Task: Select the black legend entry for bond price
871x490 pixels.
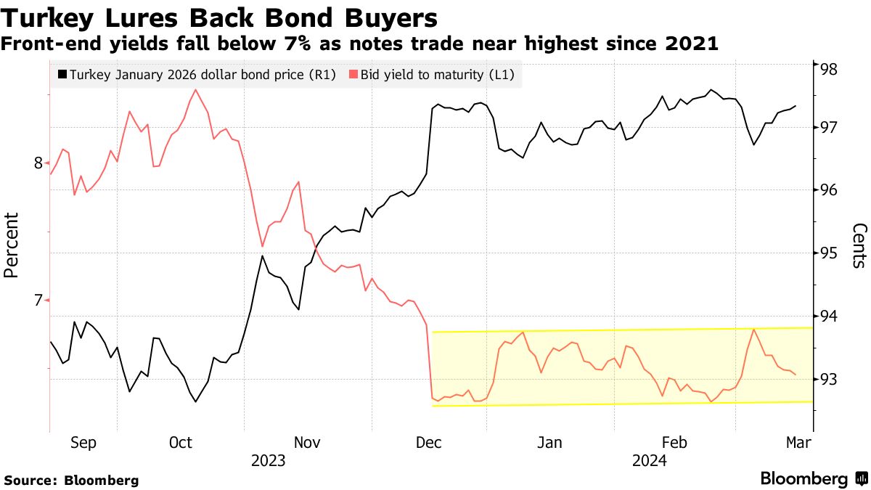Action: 195,75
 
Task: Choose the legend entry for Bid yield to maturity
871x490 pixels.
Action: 435,75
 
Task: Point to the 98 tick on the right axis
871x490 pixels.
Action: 829,70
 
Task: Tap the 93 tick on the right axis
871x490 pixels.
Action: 829,379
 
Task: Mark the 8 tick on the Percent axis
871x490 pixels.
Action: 38,163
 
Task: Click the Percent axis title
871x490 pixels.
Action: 11,245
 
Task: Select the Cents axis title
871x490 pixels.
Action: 859,245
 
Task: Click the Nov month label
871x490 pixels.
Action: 307,443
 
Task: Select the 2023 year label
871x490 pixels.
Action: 268,461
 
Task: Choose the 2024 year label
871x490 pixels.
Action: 649,461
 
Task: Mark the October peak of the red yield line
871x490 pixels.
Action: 196,89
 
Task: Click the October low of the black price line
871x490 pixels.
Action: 196,401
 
